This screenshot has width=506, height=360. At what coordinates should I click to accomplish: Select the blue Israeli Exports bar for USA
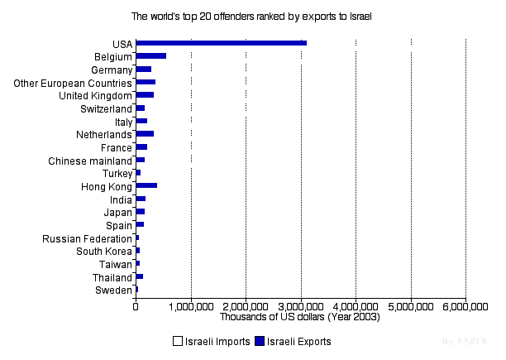(221, 42)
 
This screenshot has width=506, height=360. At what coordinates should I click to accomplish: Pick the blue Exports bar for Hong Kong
(146, 185)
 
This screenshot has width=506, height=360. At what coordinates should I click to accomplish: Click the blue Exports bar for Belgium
(150, 55)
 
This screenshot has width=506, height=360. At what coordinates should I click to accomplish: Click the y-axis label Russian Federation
(87, 239)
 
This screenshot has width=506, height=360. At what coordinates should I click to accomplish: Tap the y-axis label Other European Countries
(74, 84)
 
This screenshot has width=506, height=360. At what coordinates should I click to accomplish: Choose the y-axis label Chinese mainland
(90, 161)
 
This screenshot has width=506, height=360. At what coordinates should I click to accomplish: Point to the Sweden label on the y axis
(113, 290)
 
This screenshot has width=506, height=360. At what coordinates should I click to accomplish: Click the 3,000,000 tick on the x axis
(301, 305)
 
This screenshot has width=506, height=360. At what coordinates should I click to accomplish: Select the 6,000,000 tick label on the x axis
(465, 305)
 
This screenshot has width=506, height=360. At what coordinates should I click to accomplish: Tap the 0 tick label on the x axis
(136, 305)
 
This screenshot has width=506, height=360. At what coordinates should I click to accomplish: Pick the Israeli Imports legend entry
(211, 341)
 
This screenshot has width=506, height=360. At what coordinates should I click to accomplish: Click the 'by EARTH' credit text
(465, 341)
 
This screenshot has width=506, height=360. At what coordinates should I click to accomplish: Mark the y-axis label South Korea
(103, 252)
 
